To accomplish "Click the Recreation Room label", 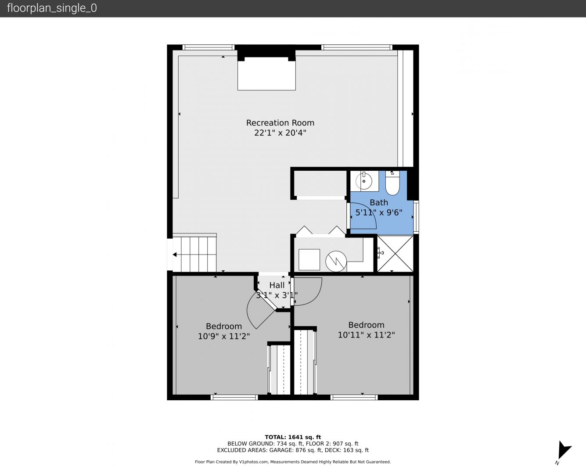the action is click(x=280, y=123).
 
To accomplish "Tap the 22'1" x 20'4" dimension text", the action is click(x=280, y=133).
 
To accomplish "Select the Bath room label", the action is click(x=379, y=202).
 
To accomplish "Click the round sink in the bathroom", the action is click(x=364, y=181).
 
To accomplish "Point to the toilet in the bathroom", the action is click(x=392, y=183).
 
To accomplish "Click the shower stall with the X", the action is click(x=395, y=254).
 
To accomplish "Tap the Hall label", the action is click(x=277, y=285).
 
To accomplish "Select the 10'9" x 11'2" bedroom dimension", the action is click(x=224, y=336).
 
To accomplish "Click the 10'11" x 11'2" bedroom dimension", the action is click(x=366, y=335).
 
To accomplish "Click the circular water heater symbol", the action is click(x=336, y=261).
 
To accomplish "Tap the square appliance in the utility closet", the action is click(x=309, y=260).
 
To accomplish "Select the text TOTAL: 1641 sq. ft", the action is click(x=293, y=437).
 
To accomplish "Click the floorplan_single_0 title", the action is click(x=52, y=8).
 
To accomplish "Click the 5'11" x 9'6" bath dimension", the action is click(x=379, y=212).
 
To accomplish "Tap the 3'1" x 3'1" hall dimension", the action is click(x=277, y=295).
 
